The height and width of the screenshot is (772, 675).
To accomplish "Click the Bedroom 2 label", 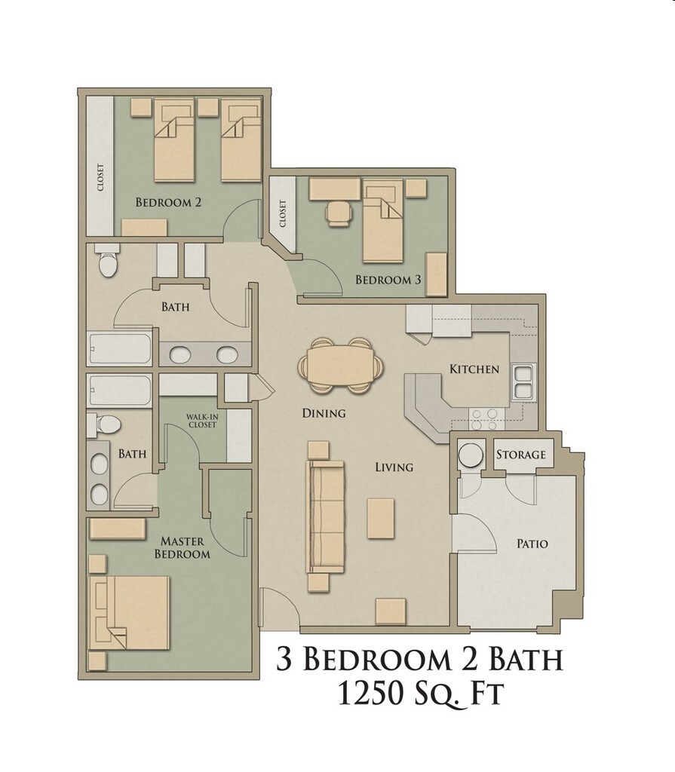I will [167, 202].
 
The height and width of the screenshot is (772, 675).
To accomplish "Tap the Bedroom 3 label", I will [388, 280].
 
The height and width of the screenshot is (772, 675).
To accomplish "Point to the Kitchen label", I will [474, 369].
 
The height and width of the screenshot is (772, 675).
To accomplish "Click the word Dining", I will [324, 413].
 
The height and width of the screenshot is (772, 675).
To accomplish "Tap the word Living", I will [394, 467].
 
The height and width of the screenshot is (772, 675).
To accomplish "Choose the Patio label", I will [532, 544].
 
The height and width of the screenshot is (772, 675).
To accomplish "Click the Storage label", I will [520, 455].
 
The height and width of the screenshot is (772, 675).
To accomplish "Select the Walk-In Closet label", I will [201, 421].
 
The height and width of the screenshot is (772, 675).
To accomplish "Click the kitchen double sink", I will [523, 381].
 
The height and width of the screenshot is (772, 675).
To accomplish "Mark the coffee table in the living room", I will [380, 518].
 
